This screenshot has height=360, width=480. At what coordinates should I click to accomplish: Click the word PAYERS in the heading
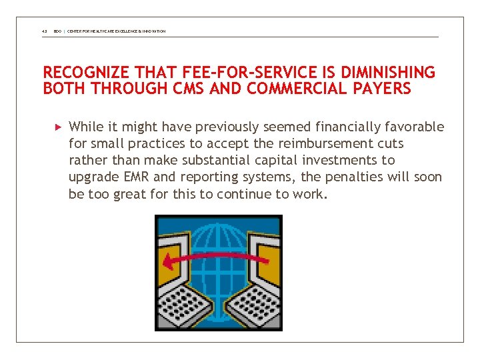tap(381, 89)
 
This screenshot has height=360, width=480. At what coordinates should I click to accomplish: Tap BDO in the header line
tap(57, 31)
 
